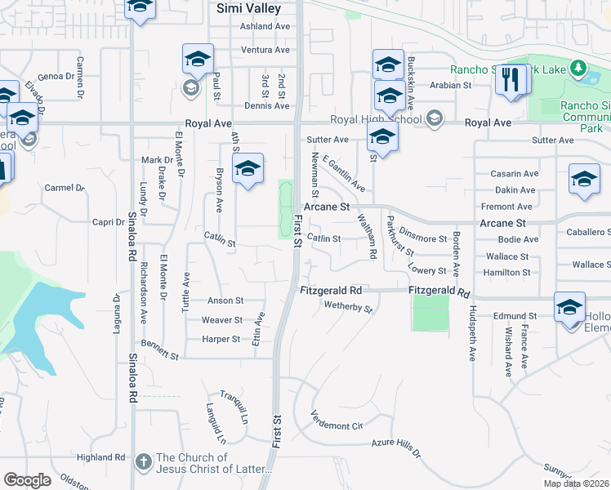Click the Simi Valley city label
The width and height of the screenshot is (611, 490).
(x=248, y=9)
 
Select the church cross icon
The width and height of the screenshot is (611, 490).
(x=143, y=461)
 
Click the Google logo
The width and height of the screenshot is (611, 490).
(x=27, y=480)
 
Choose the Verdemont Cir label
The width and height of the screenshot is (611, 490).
(x=336, y=425)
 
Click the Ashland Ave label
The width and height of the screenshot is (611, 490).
(x=265, y=26)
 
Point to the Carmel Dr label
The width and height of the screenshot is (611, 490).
(x=65, y=188)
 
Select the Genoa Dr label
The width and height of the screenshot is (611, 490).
(x=56, y=76)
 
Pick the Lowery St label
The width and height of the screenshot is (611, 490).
(x=428, y=270)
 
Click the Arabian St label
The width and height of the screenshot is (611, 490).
(x=457, y=84)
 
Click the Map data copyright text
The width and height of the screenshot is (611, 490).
(x=576, y=483)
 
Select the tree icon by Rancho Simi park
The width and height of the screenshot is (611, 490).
(x=578, y=67)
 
